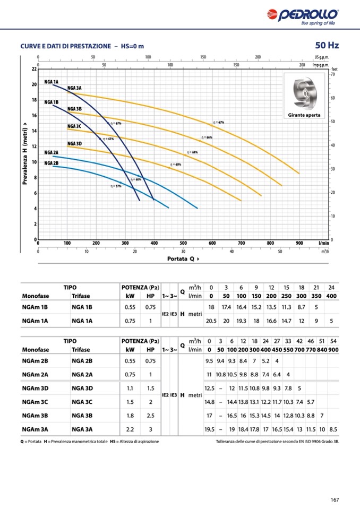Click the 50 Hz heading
(327, 45)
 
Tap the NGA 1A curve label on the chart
(52, 82)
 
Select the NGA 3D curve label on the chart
(74, 144)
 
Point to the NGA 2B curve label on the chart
(52, 163)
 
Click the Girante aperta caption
(304, 115)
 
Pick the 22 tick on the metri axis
(34, 69)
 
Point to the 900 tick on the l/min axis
(299, 243)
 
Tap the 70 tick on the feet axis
(333, 75)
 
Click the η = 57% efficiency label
(116, 186)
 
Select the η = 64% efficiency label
(192, 152)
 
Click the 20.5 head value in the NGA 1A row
(211, 321)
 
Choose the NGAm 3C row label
(36, 402)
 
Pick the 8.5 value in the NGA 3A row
(333, 429)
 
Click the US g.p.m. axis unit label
(322, 57)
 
